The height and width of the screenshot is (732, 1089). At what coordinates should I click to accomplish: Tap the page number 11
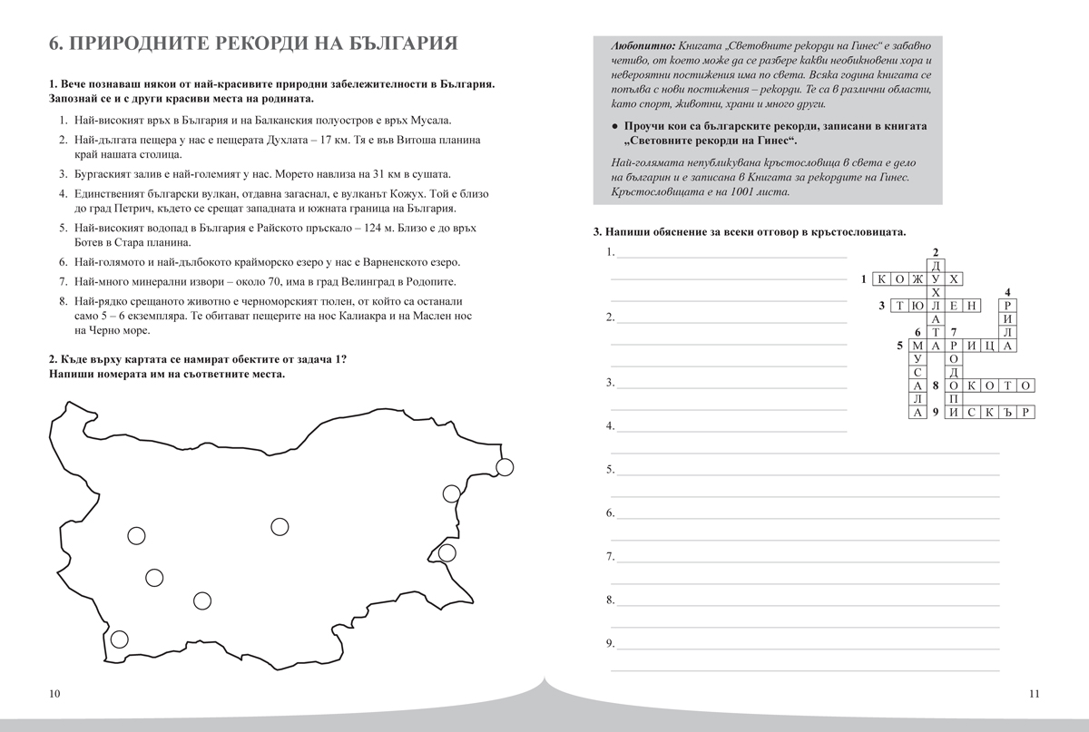tap(1034, 694)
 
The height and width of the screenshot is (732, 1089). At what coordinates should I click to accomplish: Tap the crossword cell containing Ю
tap(918, 307)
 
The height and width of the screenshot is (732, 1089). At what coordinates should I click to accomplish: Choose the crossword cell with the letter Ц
tap(989, 346)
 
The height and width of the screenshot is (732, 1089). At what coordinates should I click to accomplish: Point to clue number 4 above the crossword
tap(1007, 292)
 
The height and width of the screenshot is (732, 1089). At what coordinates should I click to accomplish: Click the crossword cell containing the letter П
tap(953, 398)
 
